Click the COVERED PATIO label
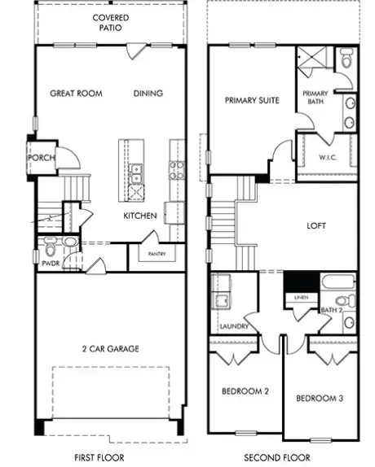click(111, 23)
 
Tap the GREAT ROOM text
click(76, 94)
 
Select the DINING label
click(148, 94)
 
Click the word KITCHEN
click(140, 216)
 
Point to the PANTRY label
click(157, 254)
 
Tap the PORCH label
click(42, 158)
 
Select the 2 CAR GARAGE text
click(111, 349)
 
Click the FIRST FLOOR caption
click(99, 457)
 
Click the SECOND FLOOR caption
click(277, 457)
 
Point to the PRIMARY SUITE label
click(252, 100)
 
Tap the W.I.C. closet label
click(328, 157)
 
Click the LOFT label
click(316, 225)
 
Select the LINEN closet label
click(302, 298)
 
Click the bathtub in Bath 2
click(338, 282)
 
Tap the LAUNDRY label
click(234, 326)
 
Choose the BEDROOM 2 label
click(245, 391)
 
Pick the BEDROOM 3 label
click(320, 398)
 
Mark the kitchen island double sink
click(136, 173)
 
